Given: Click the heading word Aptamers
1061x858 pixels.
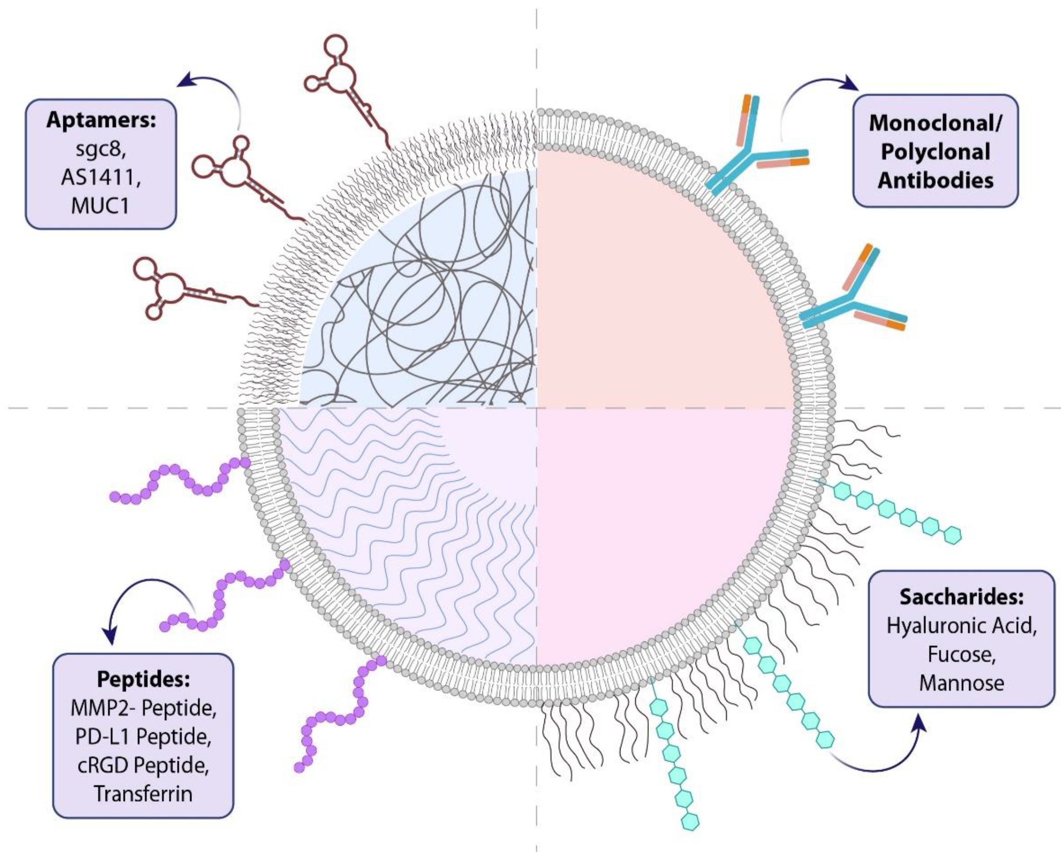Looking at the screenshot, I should [101, 120].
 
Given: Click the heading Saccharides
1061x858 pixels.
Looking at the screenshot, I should [961, 597].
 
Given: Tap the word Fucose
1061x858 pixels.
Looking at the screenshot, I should [961, 654].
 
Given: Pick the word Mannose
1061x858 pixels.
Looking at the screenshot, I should [961, 683].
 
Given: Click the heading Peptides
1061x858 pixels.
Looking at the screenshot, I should [143, 679].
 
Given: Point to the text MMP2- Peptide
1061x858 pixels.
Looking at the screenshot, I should [143, 708].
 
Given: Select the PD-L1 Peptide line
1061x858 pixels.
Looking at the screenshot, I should [143, 737].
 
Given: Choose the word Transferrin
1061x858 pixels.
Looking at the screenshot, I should [143, 794].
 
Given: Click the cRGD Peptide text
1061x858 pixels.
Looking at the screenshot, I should [143, 765].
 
